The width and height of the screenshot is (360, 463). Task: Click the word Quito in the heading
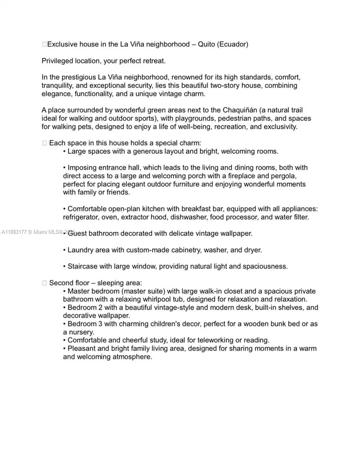point(206,44)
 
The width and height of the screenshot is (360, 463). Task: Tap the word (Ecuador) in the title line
point(233,44)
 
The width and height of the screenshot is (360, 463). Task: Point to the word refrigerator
point(81,217)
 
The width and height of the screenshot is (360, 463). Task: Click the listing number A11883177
point(14,232)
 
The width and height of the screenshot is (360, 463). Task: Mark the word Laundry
point(81,250)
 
